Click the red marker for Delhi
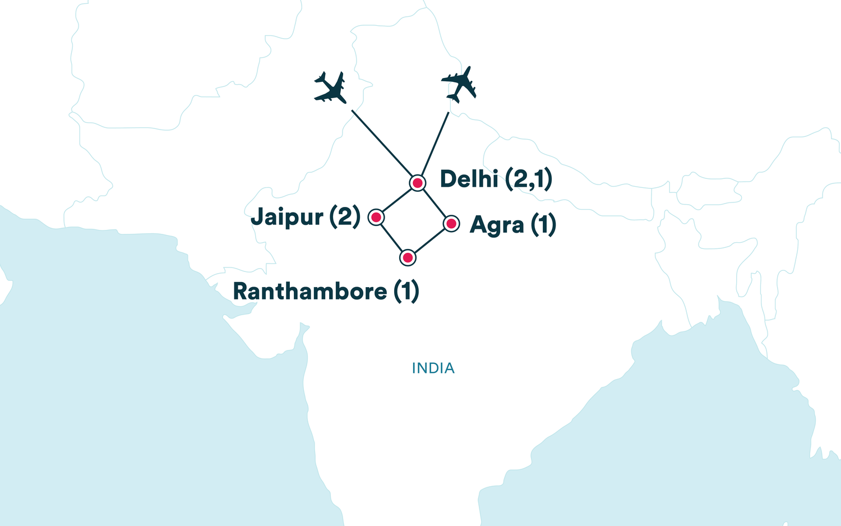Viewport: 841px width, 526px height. [x=417, y=183]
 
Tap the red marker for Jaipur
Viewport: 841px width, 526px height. [x=376, y=217]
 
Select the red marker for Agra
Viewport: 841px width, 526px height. [x=451, y=224]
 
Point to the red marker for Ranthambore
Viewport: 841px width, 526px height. [x=408, y=258]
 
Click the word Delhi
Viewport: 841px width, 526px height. [x=469, y=179]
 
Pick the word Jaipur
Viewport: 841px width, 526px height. [x=287, y=217]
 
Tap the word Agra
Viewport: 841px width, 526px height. [x=497, y=225]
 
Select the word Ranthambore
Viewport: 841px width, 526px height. [x=309, y=292]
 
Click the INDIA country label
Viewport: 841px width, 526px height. [x=433, y=368]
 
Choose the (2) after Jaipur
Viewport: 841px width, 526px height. [x=345, y=217]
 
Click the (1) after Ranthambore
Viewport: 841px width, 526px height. [x=406, y=292]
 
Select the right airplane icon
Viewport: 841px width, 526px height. [x=459, y=84]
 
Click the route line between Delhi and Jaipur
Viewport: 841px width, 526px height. [x=397, y=200]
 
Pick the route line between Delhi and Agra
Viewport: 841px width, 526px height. [x=434, y=203]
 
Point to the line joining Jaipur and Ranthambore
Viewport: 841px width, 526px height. [x=392, y=237]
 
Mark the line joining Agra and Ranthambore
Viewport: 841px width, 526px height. [x=429, y=241]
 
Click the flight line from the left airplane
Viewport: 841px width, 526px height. [x=381, y=142]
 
